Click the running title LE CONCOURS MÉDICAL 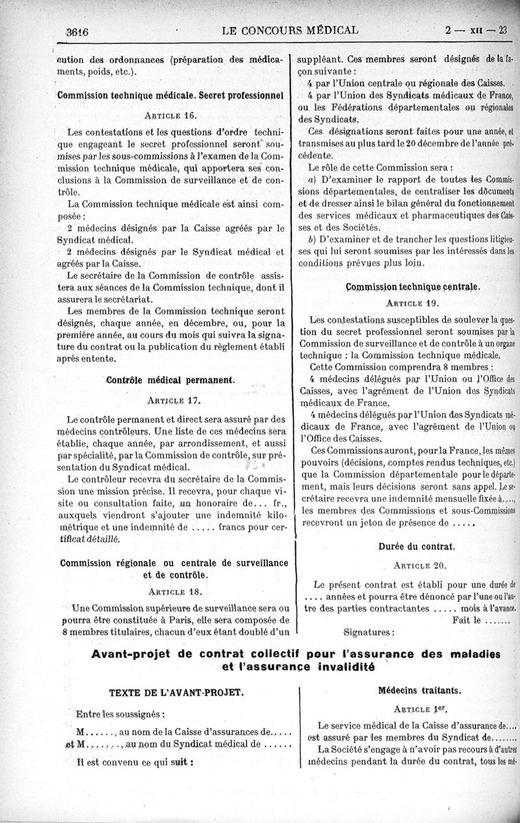[290, 30]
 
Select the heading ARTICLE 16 [171, 116]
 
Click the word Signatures [368, 631]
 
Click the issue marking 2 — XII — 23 [480, 31]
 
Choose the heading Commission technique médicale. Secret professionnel [170, 95]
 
